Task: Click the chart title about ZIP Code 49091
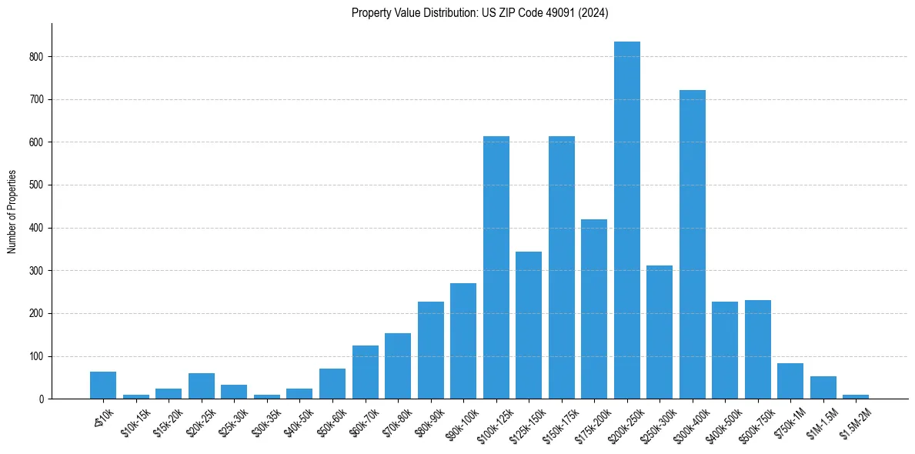(479, 12)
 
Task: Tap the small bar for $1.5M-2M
(856, 397)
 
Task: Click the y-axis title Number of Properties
(12, 212)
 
